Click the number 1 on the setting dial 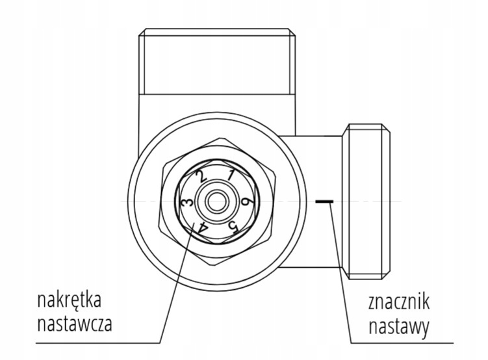tap(231, 174)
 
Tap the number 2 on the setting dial tap(202, 175)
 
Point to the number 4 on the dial tap(203, 227)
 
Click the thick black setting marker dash tap(323, 201)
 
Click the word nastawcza tap(74, 323)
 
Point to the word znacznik tap(399, 303)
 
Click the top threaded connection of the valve tap(216, 62)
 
